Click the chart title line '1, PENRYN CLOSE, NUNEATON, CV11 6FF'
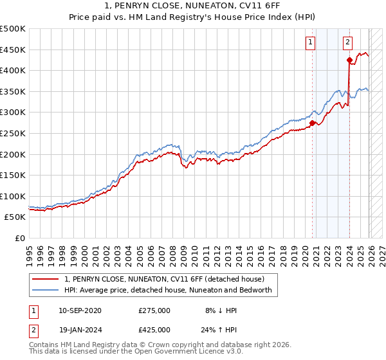193,7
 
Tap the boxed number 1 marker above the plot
311,42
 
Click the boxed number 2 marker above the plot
347,42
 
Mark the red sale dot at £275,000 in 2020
313,123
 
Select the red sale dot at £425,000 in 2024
349,60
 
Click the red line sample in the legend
46,280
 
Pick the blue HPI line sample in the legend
46,290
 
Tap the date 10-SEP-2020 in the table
80,310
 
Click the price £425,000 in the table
154,329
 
